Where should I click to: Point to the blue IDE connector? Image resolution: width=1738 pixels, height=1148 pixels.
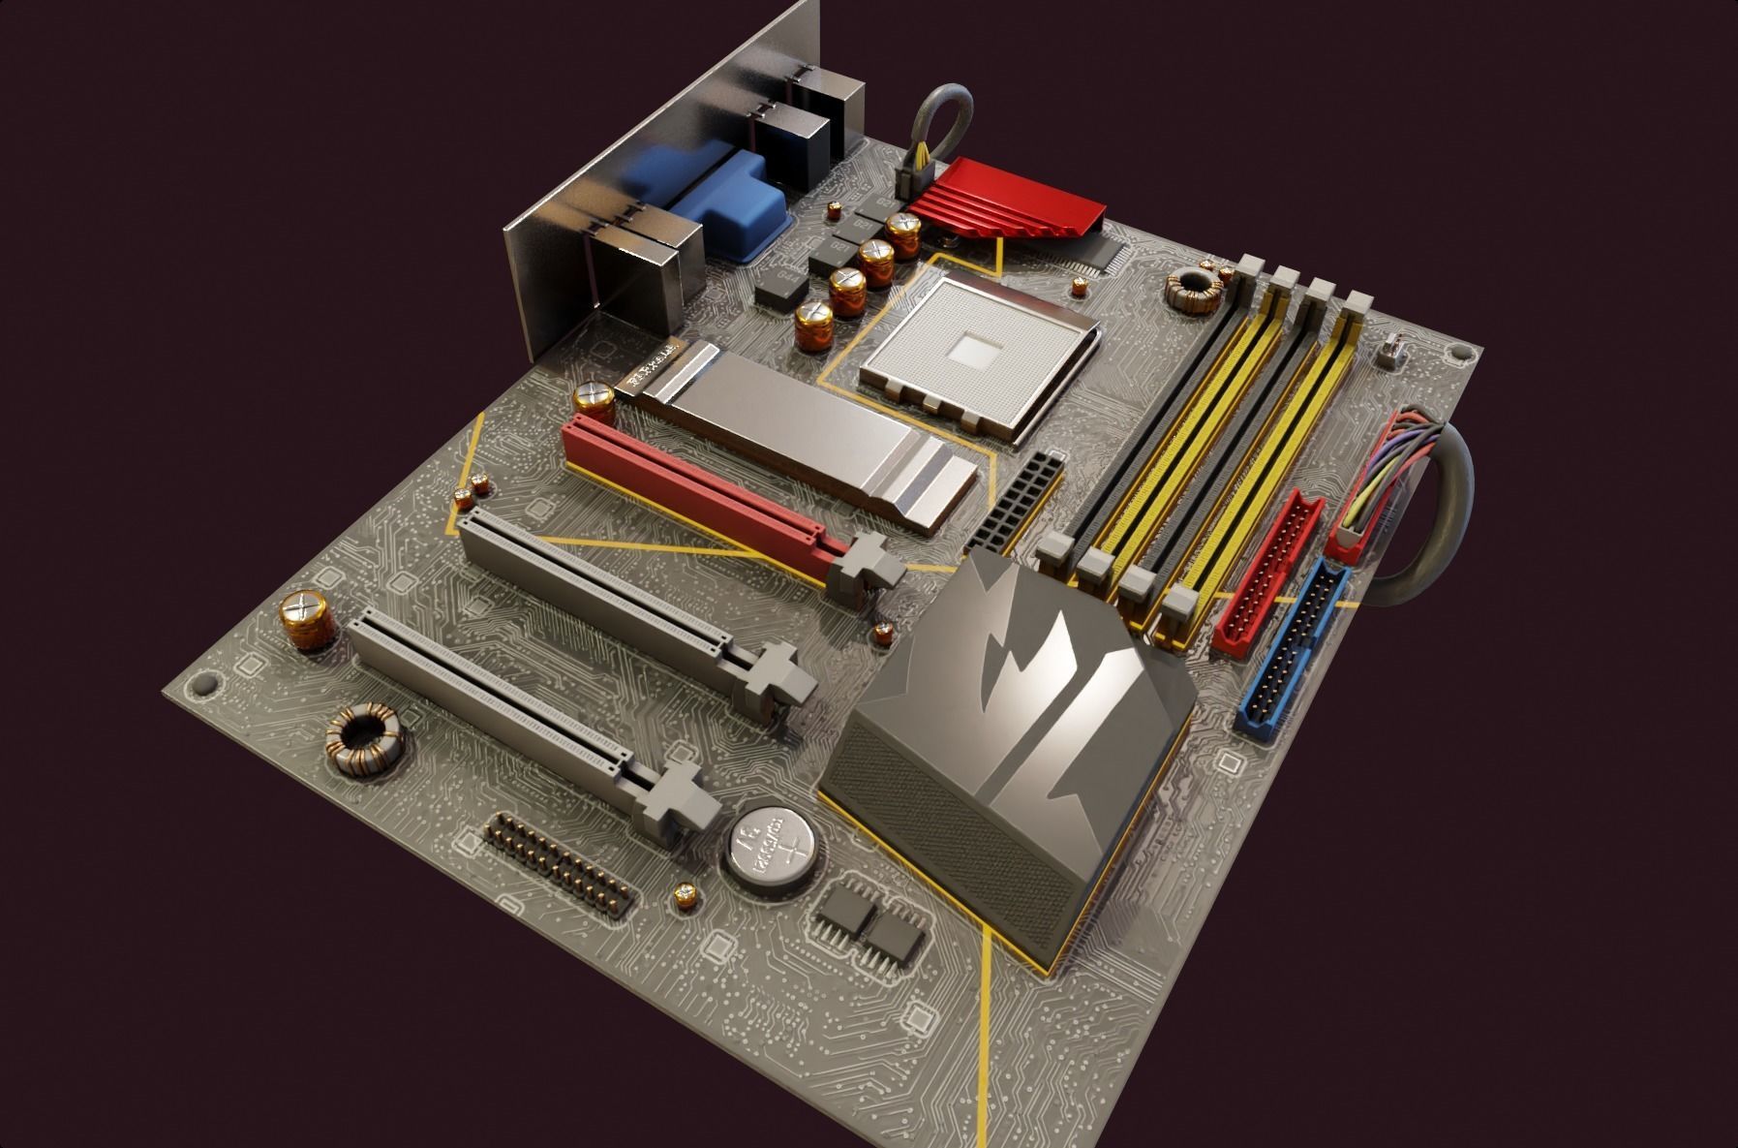1293,644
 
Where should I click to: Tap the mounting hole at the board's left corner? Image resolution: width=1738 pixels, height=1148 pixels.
202,684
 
